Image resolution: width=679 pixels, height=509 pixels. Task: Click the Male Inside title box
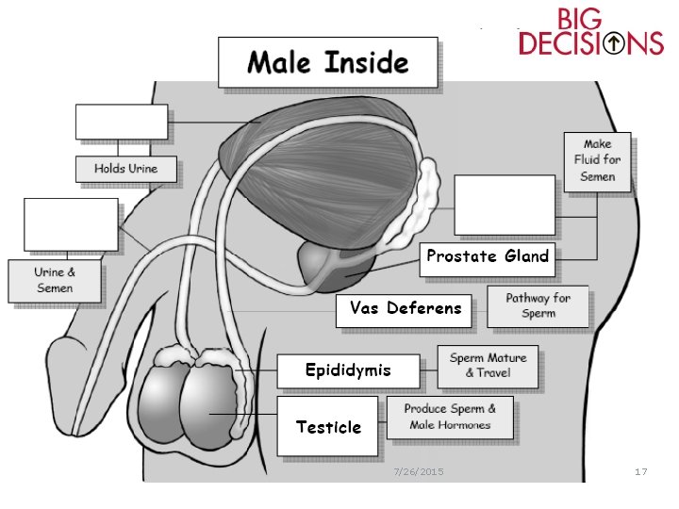tap(328, 62)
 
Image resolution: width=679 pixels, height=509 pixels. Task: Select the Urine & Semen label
tap(55, 281)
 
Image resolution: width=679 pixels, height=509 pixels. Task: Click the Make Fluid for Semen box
tap(597, 161)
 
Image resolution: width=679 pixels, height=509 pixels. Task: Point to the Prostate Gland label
tap(487, 256)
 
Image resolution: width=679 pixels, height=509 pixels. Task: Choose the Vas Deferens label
tap(406, 308)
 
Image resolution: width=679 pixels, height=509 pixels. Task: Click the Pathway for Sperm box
tap(538, 306)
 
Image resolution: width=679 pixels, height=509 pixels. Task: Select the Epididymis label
tap(347, 370)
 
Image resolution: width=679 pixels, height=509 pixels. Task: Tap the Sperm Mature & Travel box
tap(488, 366)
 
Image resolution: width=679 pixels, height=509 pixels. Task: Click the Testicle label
tap(328, 427)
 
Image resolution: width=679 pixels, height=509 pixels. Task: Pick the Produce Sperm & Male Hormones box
tap(451, 417)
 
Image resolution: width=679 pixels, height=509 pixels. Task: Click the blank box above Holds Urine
tap(122, 122)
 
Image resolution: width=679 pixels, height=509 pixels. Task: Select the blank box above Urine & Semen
tap(72, 224)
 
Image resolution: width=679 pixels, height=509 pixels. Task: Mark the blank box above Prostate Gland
tap(505, 204)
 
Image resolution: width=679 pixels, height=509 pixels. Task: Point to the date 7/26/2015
tap(418, 471)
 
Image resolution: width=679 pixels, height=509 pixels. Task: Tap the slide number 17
tap(641, 471)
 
